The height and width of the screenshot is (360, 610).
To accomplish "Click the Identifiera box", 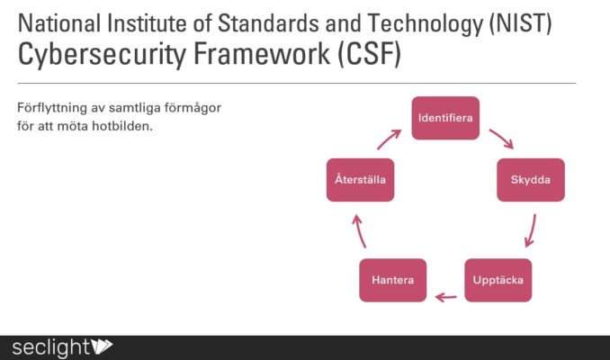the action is [445, 118].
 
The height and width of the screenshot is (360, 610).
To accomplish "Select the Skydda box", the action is [531, 180].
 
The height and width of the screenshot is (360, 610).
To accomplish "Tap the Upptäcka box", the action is [498, 280].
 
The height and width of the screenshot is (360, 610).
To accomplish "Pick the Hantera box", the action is [393, 280].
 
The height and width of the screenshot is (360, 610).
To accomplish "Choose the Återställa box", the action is [360, 180].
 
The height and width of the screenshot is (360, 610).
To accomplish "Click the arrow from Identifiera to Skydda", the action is [502, 139].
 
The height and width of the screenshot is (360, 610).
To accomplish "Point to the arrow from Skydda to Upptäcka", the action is [532, 230].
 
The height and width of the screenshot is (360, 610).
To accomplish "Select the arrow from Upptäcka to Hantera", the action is [446, 298].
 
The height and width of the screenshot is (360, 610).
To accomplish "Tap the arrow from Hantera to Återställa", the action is [359, 231].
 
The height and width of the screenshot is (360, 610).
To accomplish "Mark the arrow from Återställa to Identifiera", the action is [389, 139].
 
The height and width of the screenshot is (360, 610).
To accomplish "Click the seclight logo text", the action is [51, 346].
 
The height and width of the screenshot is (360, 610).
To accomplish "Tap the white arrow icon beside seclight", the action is [102, 346].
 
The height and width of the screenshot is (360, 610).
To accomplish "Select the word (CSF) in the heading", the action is [370, 54].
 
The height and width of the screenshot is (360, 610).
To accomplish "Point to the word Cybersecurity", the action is [102, 55].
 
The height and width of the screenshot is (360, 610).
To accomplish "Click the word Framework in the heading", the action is [262, 54].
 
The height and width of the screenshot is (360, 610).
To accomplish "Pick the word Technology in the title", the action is [425, 24].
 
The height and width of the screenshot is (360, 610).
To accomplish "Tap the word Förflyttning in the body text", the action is [52, 108].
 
